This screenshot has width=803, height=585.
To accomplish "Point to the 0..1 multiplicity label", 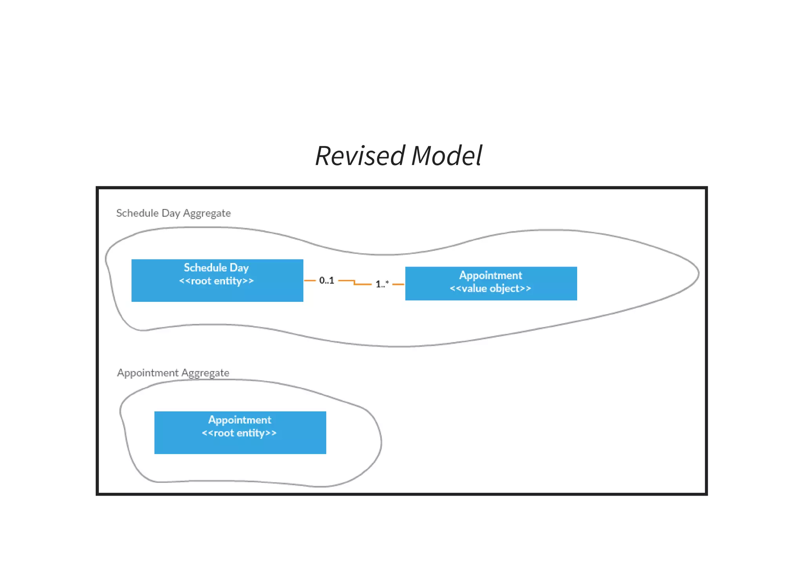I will pyautogui.click(x=326, y=280).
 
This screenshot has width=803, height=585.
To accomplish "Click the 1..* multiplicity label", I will pyautogui.click(x=382, y=283).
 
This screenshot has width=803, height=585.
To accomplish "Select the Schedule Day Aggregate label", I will pyautogui.click(x=173, y=213).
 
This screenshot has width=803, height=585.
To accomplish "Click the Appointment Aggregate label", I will pyautogui.click(x=173, y=372).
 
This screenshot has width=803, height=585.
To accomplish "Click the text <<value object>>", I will pyautogui.click(x=490, y=289).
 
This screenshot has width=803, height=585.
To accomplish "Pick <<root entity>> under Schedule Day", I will pyautogui.click(x=216, y=281).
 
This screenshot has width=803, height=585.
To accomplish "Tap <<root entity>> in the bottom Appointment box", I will pyautogui.click(x=239, y=433).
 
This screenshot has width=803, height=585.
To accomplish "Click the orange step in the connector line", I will pyautogui.click(x=354, y=282).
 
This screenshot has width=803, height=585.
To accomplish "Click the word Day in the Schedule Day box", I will pyautogui.click(x=239, y=268).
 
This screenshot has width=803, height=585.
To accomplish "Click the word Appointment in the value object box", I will pyautogui.click(x=491, y=275).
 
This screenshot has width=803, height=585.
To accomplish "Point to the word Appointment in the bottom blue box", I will pyautogui.click(x=240, y=420).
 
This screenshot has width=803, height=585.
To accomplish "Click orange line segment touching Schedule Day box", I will pyautogui.click(x=310, y=280).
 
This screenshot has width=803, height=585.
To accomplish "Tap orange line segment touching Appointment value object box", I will pyautogui.click(x=398, y=284).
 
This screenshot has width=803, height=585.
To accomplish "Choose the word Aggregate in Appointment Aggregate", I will pyautogui.click(x=205, y=373).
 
